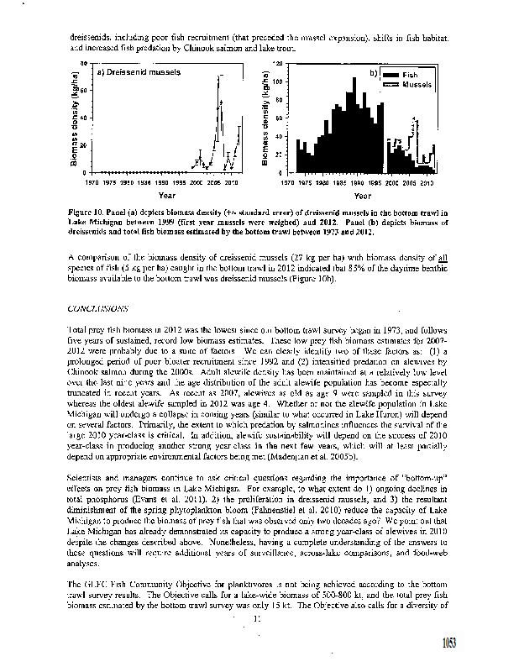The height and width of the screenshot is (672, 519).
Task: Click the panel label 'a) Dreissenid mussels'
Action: [x=139, y=72]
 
